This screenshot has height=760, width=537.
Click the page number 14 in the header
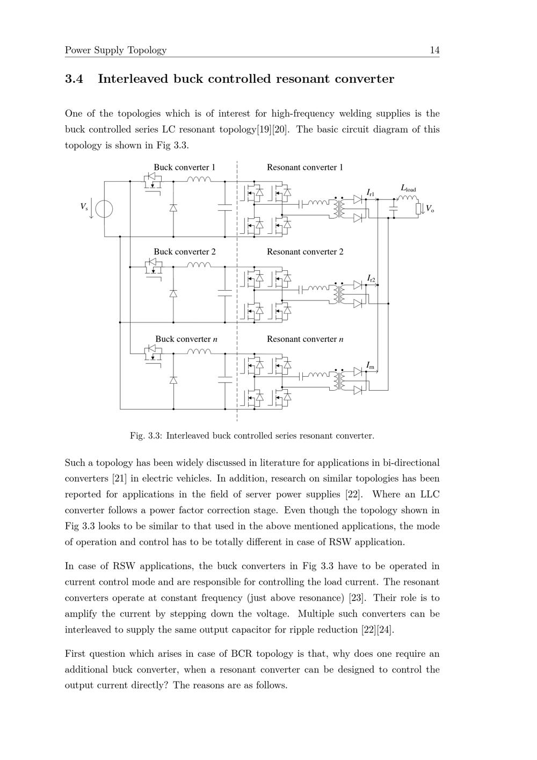(x=434, y=50)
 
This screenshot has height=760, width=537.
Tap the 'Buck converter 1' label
(x=184, y=167)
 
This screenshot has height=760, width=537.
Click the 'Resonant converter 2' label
(x=305, y=252)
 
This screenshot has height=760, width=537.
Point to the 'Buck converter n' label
(x=186, y=339)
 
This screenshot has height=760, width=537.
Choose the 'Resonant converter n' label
(x=305, y=339)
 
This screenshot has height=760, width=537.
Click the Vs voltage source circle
(x=104, y=209)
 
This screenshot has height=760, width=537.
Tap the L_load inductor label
(x=408, y=189)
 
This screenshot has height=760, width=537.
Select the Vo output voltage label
(x=430, y=209)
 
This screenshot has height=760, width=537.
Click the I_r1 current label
(x=371, y=192)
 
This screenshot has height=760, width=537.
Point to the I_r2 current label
(x=371, y=278)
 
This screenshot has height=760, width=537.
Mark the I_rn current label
(x=370, y=365)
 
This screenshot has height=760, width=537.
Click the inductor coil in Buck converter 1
(x=199, y=180)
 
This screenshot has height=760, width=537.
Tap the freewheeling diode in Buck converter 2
(x=173, y=293)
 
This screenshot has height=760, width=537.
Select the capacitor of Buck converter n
(x=224, y=379)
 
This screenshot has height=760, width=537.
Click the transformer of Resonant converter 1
(x=339, y=207)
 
